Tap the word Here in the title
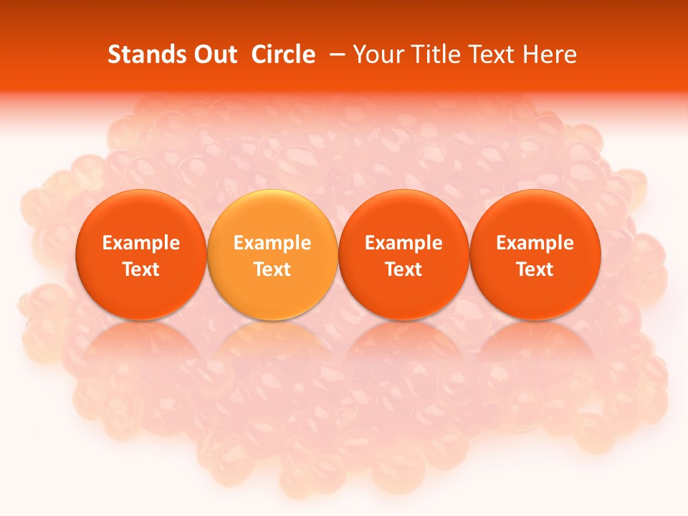[549, 54]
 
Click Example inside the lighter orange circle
[272, 243]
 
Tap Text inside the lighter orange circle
[272, 269]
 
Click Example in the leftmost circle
[141, 243]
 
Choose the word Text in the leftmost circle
[141, 269]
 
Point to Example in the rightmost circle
[535, 243]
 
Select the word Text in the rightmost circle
[535, 269]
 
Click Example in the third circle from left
[403, 243]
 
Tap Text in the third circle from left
[403, 269]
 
